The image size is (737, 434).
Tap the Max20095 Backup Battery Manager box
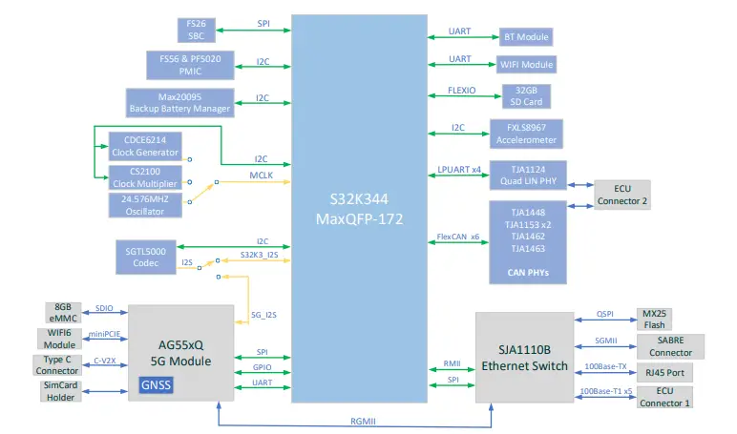181,101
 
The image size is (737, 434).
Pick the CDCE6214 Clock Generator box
144,146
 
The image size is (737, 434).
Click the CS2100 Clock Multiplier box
144,177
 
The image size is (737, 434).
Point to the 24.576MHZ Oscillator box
144,204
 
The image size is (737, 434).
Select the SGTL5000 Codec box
145,257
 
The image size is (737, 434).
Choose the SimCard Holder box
59,390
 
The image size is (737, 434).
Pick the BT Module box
526,37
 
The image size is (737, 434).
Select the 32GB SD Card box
526,96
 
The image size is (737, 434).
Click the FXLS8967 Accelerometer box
526,133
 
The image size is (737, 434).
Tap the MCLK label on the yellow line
262,176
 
